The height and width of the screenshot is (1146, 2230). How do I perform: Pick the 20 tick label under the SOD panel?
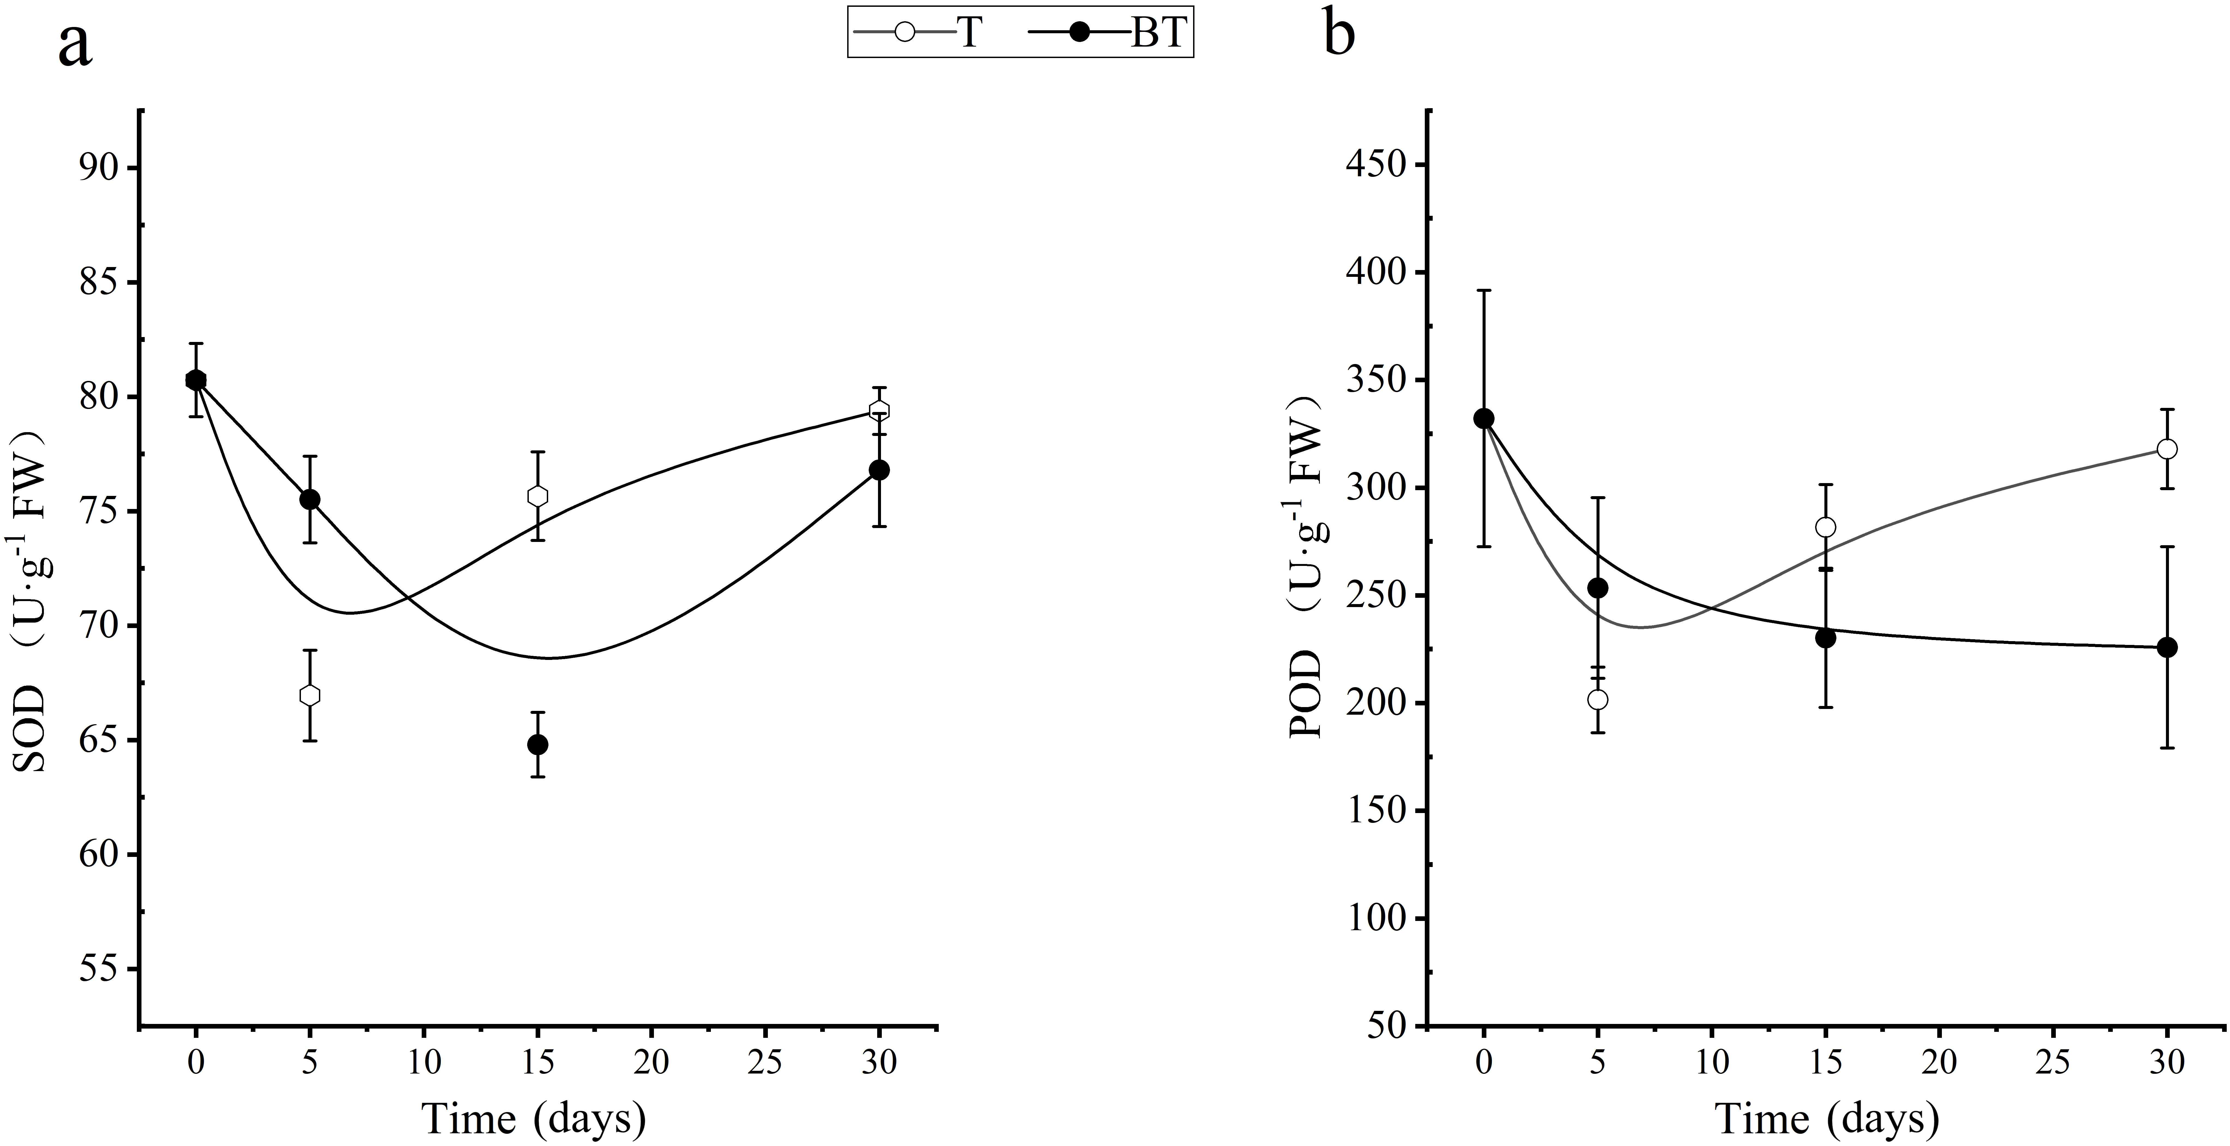click(651, 1063)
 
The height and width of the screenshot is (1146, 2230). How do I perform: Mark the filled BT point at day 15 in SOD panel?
click(538, 744)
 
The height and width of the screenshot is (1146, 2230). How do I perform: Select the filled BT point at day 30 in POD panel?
click(2167, 647)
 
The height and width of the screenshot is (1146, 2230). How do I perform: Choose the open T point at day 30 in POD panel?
click(2167, 449)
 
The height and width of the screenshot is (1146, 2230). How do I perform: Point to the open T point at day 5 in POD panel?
click(1598, 699)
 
